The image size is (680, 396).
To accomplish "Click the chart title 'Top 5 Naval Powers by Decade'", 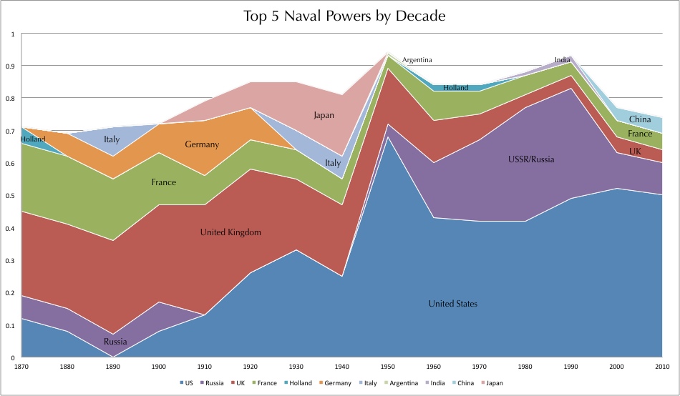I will coord(340,16).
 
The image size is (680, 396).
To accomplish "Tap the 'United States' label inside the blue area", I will coord(452,304).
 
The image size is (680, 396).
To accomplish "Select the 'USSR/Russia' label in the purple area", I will coord(530,159).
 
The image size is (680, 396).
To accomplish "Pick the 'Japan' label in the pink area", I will coord(324,115).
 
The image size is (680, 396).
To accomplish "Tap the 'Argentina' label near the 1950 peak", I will coord(417,60).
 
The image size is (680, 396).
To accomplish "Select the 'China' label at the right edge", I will coord(639,119).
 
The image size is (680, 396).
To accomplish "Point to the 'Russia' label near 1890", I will coord(115,341).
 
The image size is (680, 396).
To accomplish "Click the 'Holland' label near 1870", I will coord(33,139).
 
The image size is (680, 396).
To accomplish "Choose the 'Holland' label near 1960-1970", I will coord(455,88).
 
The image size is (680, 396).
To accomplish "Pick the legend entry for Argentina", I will coord(402,383).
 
